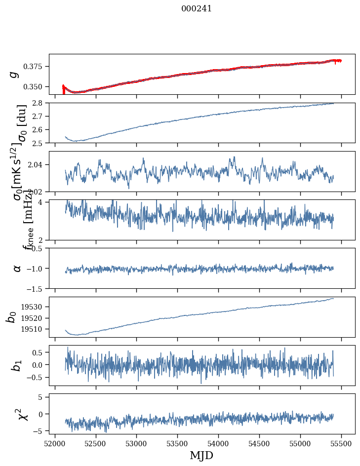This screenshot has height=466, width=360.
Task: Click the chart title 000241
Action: tap(197, 8)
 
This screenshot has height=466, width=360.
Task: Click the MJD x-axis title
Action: tap(201, 455)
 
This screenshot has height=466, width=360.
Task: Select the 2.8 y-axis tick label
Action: tap(40, 103)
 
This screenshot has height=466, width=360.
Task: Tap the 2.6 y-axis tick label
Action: tap(40, 129)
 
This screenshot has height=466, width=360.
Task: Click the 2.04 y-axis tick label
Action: tap(38, 164)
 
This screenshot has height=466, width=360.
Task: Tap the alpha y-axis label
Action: tap(17, 268)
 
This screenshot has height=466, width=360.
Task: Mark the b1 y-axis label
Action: tap(17, 365)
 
